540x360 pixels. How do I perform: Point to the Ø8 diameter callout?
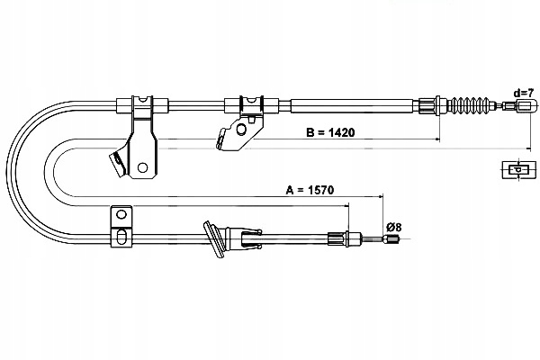[393, 226]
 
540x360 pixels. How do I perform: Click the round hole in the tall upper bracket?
[142, 166]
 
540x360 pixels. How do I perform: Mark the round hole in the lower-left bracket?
[119, 216]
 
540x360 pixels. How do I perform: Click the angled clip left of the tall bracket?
[115, 165]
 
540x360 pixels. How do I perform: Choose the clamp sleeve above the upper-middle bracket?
[249, 103]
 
